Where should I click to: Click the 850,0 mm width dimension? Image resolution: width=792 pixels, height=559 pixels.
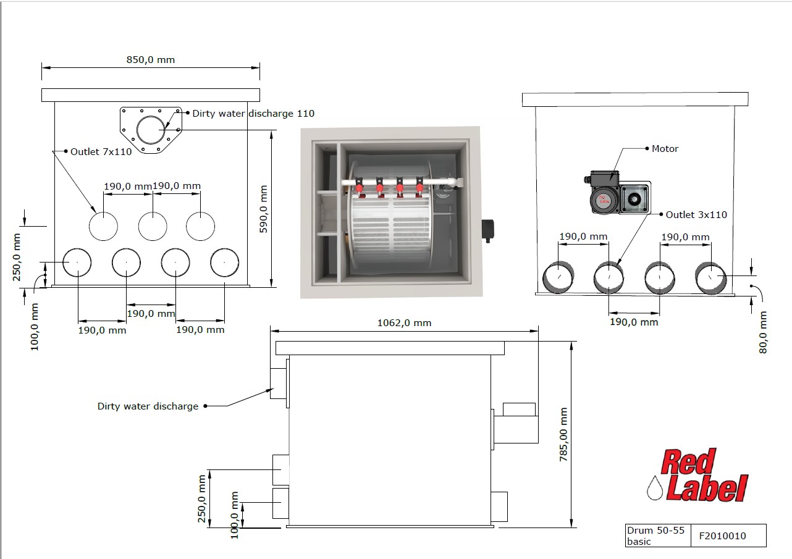coord(151,60)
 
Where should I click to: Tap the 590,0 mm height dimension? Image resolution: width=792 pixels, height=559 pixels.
coord(264,209)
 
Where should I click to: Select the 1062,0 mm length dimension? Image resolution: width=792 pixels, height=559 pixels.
coord(404,323)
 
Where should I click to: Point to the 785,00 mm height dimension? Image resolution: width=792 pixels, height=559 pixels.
coord(563,435)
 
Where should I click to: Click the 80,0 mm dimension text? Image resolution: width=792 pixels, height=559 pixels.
coord(763,332)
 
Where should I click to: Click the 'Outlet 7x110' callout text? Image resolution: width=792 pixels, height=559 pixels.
coord(101,152)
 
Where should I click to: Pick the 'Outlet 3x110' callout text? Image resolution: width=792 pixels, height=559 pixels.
coord(696,214)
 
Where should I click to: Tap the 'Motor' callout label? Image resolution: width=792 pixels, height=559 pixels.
coord(665,148)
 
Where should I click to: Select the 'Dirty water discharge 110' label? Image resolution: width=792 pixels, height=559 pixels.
coord(253,114)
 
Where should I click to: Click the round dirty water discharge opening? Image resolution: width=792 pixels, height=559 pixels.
coord(151,130)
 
